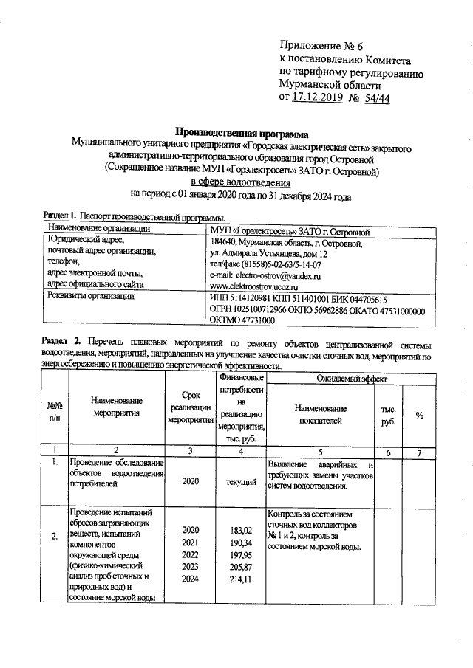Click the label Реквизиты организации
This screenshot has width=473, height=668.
pyautogui.click(x=91, y=297)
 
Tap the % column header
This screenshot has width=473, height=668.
pyautogui.click(x=419, y=416)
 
